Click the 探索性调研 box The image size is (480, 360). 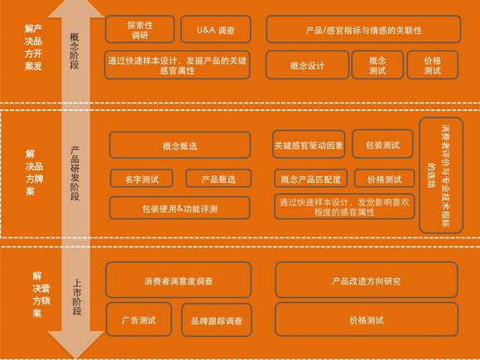tap(140, 30)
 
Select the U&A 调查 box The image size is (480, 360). tap(216, 30)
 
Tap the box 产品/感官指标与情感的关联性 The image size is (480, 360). tap(363, 30)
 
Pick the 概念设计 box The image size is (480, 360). tap(307, 65)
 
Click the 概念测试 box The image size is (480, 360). tap(377, 65)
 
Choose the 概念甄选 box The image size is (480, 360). tap(180, 145)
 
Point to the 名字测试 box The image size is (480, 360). tap(142, 179)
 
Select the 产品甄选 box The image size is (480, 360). tap(218, 179)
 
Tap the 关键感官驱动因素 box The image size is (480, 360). tap(309, 145)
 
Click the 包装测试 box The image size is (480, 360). tap(382, 144)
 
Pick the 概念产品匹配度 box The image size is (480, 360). tap(310, 179)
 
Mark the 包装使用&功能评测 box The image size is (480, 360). tap(180, 209)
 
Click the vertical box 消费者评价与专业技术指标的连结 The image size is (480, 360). tap(441, 175)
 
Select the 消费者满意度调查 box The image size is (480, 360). tap(179, 280)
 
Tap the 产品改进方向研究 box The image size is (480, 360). tap(367, 280)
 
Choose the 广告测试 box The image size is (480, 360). tap(139, 319)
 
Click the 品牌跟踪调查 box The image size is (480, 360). tap(217, 320)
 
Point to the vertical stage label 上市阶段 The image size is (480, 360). tap(77, 296)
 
